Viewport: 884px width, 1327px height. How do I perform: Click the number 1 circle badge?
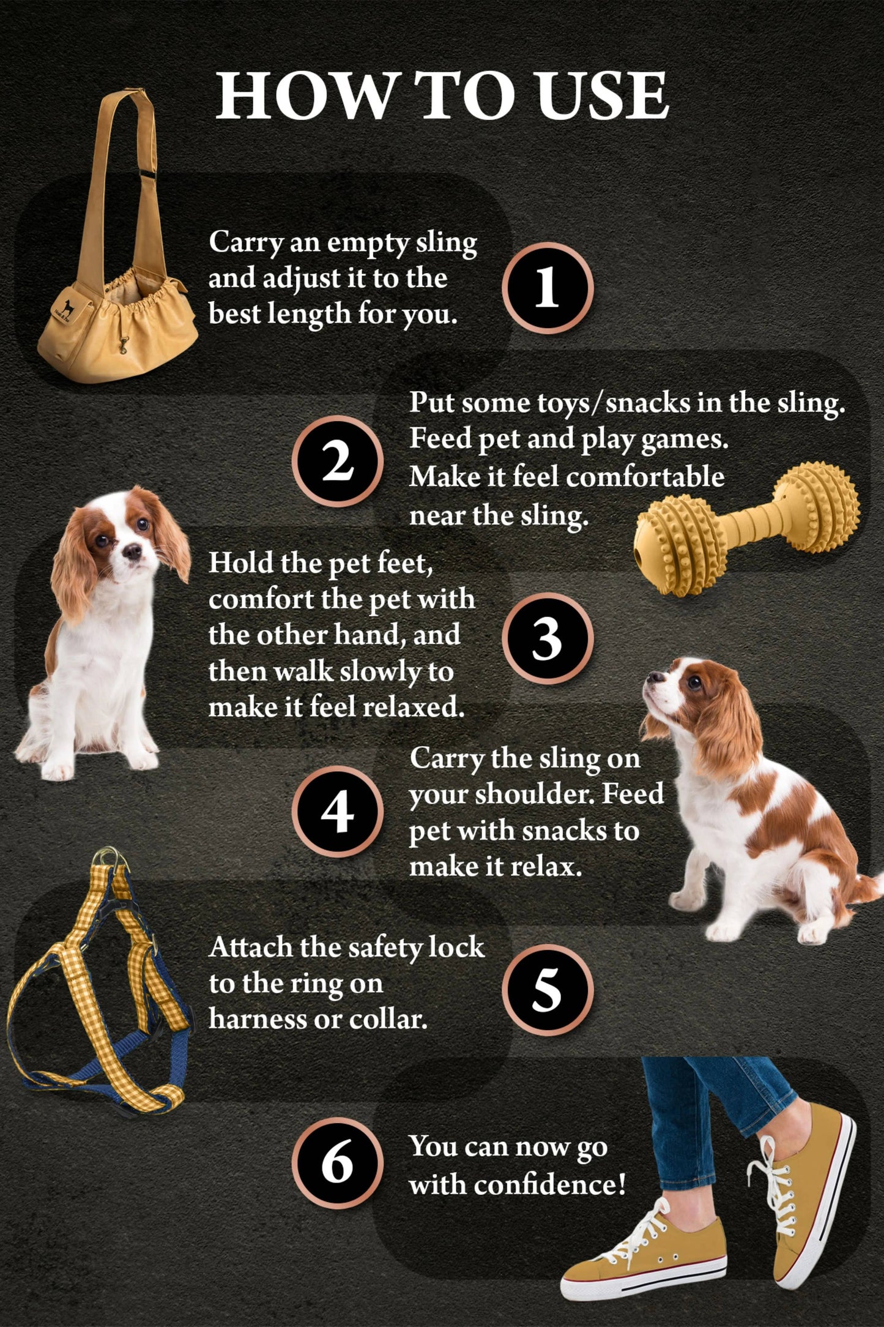(x=548, y=288)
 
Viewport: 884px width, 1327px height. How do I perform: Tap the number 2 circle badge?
(x=338, y=461)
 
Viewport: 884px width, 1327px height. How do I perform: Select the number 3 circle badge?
(x=548, y=638)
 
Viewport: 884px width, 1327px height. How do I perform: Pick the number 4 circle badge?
(x=338, y=811)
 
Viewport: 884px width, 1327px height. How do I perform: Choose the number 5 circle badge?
(x=548, y=989)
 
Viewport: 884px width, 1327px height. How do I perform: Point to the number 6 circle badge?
(x=338, y=1163)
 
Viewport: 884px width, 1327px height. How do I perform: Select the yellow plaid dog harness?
(x=98, y=979)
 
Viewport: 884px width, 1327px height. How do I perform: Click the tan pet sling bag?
(x=116, y=239)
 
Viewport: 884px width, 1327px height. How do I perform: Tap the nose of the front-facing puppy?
(x=132, y=551)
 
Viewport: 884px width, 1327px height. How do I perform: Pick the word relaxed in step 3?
(x=414, y=707)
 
